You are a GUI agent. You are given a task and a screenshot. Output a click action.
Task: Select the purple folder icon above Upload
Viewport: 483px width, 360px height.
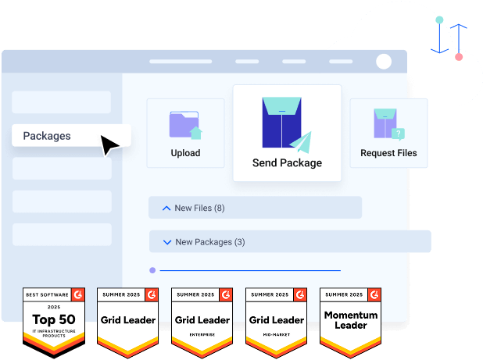point(185,125)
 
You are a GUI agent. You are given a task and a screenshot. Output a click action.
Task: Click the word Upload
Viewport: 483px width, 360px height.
point(185,153)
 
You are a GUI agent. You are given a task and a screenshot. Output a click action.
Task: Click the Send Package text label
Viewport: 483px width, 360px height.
point(287,163)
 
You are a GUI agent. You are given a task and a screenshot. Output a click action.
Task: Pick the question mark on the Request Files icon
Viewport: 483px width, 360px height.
point(399,134)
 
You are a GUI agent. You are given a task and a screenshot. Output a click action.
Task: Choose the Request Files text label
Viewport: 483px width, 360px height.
point(388,153)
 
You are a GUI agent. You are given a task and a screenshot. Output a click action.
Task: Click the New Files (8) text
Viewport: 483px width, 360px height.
point(199,208)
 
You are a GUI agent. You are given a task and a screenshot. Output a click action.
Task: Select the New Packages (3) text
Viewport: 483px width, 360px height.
point(210,242)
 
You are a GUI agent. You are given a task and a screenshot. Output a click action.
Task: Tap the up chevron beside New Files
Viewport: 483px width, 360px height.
point(166,208)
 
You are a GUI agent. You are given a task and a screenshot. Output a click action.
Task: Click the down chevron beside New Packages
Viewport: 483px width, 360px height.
point(166,242)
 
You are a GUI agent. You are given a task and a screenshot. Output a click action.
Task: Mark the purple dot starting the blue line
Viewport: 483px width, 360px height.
point(152,270)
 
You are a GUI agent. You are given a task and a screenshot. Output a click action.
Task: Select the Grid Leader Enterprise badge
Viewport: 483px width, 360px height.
point(202,319)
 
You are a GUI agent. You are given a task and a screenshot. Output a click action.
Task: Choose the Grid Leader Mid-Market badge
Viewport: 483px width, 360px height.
point(276,319)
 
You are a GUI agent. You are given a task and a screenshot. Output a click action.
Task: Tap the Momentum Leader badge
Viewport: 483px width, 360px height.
point(351,319)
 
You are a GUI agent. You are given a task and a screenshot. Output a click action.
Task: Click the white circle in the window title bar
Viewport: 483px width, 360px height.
point(384,62)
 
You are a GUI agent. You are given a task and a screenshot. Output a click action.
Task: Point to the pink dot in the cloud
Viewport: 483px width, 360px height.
point(459,57)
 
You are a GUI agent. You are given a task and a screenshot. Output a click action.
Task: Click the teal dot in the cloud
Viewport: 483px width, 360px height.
point(439,19)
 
